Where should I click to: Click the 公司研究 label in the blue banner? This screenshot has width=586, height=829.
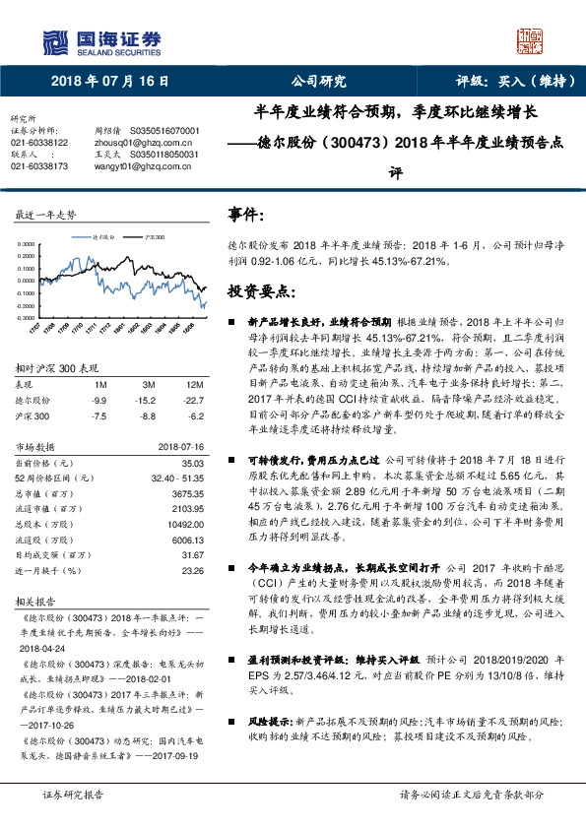pyautogui.click(x=319, y=82)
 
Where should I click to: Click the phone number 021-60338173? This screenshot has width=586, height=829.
pyautogui.click(x=39, y=166)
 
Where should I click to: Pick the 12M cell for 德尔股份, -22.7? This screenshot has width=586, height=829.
pyautogui.click(x=193, y=401)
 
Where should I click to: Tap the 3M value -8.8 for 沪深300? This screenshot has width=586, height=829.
pyautogui.click(x=148, y=414)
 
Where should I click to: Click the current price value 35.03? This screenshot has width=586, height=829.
pyautogui.click(x=190, y=462)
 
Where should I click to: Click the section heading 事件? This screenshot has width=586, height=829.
pyautogui.click(x=246, y=214)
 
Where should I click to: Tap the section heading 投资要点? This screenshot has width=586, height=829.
pyautogui.click(x=262, y=291)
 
